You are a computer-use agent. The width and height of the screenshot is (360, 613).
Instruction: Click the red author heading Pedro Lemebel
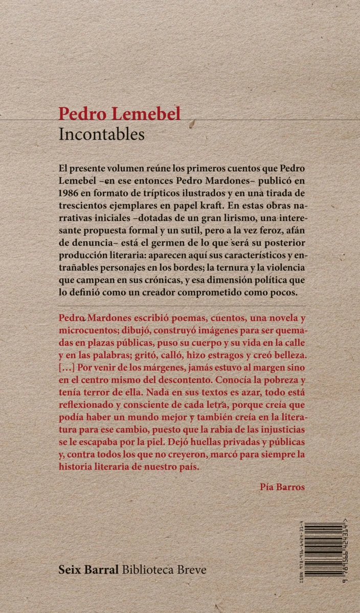tap(120, 114)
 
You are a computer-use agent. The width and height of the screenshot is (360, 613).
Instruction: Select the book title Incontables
tap(102, 134)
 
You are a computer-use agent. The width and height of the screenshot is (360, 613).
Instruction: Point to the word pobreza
tap(283, 382)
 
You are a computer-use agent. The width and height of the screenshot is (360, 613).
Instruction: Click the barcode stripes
tap(323, 547)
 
